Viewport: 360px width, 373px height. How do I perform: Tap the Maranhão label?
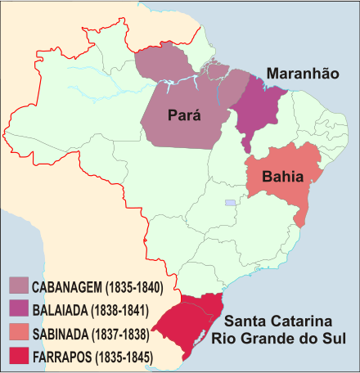[x=303, y=74]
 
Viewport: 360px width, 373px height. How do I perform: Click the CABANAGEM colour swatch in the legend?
[x=20, y=286]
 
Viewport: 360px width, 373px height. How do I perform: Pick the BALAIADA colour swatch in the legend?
[x=20, y=310]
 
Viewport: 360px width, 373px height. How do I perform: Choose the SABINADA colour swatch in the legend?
[x=20, y=333]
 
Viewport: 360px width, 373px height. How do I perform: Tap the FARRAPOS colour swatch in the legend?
[x=20, y=357]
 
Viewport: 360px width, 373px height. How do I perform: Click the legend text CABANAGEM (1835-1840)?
[x=99, y=287]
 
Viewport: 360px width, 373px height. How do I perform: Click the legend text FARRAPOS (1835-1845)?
[x=93, y=357]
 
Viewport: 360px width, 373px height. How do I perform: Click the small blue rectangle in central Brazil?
[x=231, y=202]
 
